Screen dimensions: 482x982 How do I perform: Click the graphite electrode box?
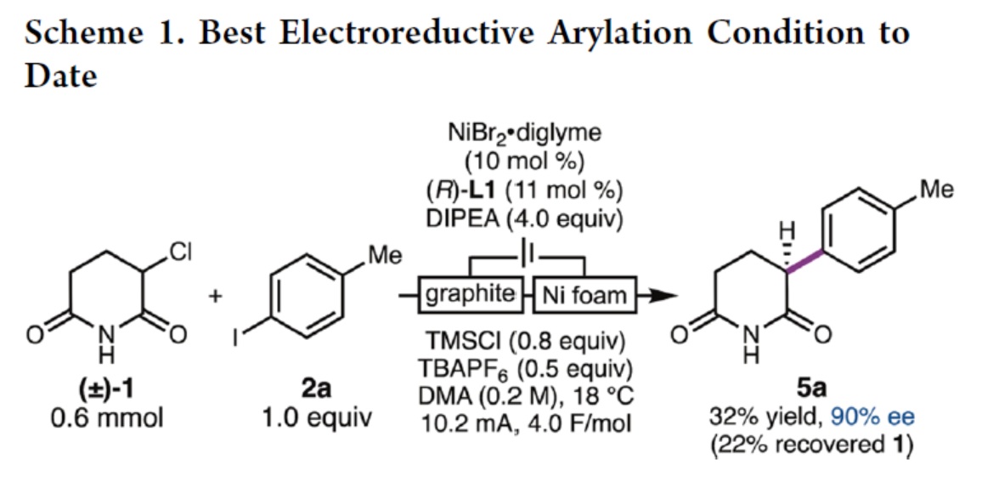click(x=471, y=295)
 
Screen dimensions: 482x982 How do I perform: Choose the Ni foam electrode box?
click(x=584, y=295)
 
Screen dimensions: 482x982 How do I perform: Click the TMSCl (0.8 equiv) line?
click(x=527, y=345)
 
